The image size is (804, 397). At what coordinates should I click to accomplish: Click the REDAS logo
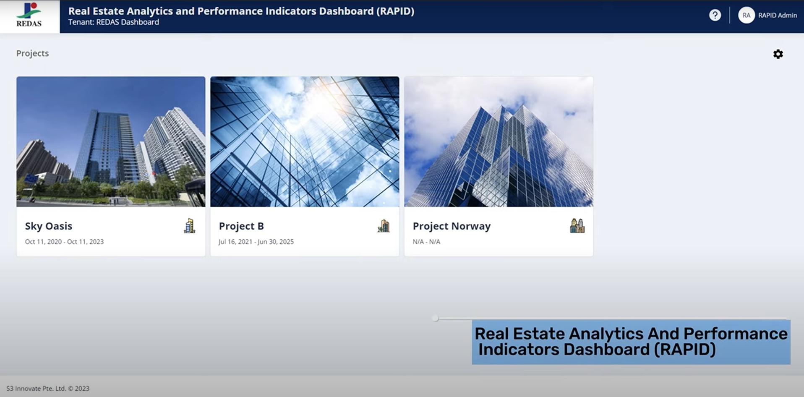pyautogui.click(x=29, y=15)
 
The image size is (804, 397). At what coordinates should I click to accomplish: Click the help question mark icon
pyautogui.click(x=715, y=15)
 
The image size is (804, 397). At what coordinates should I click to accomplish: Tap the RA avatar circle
pyautogui.click(x=746, y=15)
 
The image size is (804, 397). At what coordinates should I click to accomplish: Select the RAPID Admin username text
pyautogui.click(x=777, y=16)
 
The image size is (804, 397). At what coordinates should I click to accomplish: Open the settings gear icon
pyautogui.click(x=778, y=54)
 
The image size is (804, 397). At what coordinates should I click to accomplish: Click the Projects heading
pyautogui.click(x=32, y=53)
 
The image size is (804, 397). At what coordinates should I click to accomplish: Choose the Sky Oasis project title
pyautogui.click(x=49, y=226)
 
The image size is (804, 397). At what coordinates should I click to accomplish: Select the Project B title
pyautogui.click(x=241, y=226)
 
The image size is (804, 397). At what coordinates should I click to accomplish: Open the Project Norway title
pyautogui.click(x=452, y=226)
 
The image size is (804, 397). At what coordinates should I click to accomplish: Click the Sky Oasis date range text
pyautogui.click(x=64, y=242)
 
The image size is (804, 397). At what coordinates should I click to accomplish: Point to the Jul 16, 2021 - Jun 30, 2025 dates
pyautogui.click(x=256, y=242)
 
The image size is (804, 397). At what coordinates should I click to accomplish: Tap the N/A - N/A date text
pyautogui.click(x=426, y=242)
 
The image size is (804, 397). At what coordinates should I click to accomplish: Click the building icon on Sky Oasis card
pyautogui.click(x=190, y=226)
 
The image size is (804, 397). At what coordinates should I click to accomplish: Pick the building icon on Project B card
pyautogui.click(x=384, y=226)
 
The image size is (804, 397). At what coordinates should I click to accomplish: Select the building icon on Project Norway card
pyautogui.click(x=577, y=226)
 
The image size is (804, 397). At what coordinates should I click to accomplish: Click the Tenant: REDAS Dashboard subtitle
pyautogui.click(x=114, y=22)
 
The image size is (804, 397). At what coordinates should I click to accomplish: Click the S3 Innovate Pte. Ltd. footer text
pyautogui.click(x=48, y=389)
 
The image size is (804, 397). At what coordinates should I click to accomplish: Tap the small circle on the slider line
pyautogui.click(x=436, y=318)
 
